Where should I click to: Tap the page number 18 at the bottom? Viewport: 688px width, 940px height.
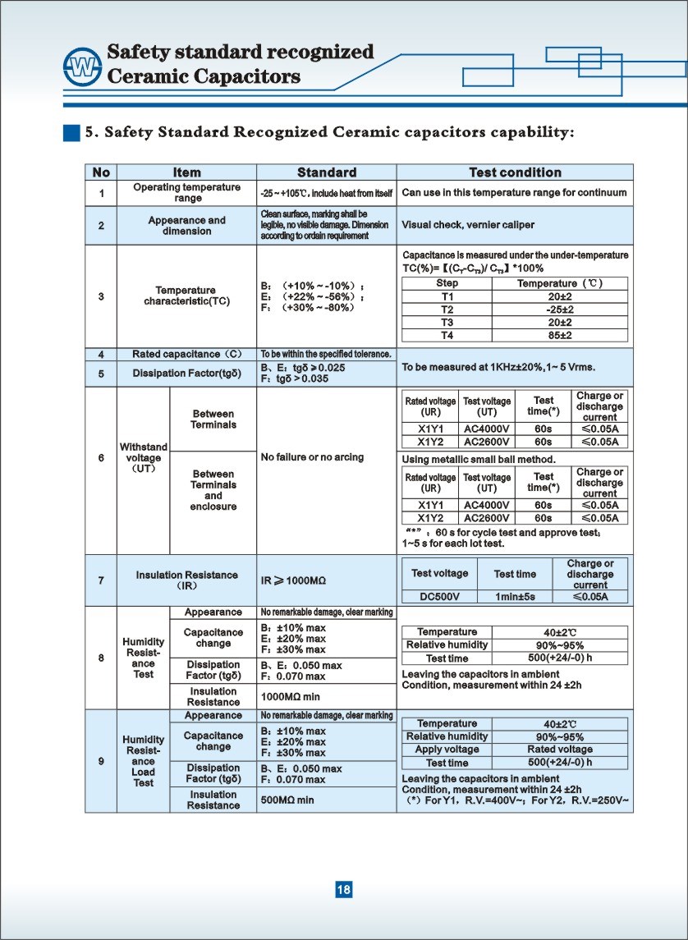(344, 890)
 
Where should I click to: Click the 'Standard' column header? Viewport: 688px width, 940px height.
(326, 172)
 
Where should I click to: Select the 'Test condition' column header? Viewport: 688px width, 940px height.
(515, 172)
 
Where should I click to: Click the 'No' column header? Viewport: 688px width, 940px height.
(101, 172)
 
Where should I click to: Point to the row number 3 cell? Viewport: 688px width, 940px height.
(101, 296)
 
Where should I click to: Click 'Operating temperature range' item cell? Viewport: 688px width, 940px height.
(187, 193)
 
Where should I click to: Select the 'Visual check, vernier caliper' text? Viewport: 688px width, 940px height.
(468, 225)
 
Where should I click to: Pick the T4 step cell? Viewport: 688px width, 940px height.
(447, 336)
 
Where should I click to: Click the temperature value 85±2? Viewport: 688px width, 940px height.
(559, 336)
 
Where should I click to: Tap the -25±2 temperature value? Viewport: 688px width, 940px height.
(559, 310)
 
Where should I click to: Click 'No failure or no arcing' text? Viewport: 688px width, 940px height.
(312, 457)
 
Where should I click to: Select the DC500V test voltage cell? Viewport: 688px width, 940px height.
(440, 597)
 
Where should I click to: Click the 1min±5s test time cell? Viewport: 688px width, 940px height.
(515, 597)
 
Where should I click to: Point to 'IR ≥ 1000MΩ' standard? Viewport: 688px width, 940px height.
(294, 580)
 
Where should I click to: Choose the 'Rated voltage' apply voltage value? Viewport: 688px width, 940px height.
(559, 750)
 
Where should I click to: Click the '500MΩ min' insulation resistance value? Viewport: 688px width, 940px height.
(287, 800)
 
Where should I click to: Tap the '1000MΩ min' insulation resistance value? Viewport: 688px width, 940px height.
(291, 697)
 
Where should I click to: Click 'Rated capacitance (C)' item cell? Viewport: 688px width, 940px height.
(187, 355)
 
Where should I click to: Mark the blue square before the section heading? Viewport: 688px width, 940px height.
(72, 132)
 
